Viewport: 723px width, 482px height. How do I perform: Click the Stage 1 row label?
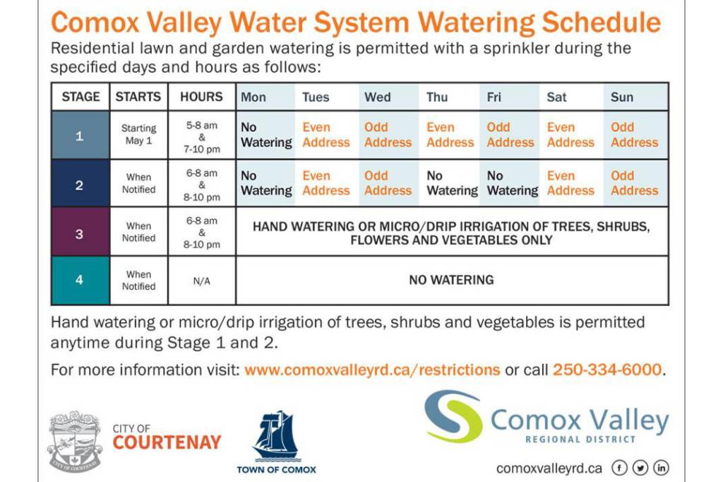pos(80,136)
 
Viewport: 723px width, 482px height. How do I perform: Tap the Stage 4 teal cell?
pos(80,280)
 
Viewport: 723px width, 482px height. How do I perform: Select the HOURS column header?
pos(201,97)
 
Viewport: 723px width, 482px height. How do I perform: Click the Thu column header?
pos(436,97)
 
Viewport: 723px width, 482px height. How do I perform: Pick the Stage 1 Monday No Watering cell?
pos(266,135)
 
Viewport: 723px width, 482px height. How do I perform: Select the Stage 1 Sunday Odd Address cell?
pos(635,135)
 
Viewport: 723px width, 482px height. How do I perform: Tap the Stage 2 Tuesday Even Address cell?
pos(326,183)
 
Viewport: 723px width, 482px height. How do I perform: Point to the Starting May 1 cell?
pos(139,134)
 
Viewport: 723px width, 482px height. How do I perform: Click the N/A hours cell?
pos(201,281)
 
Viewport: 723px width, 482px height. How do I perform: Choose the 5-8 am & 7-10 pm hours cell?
pos(201,137)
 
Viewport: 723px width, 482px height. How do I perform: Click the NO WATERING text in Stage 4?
pos(451,280)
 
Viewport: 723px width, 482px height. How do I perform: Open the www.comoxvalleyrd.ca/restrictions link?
pos(372,370)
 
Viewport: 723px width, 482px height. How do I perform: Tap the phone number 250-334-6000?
pos(607,370)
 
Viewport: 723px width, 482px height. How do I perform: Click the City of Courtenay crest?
pos(74,441)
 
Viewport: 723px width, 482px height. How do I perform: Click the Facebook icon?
pos(619,468)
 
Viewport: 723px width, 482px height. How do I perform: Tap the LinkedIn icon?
pos(661,468)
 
